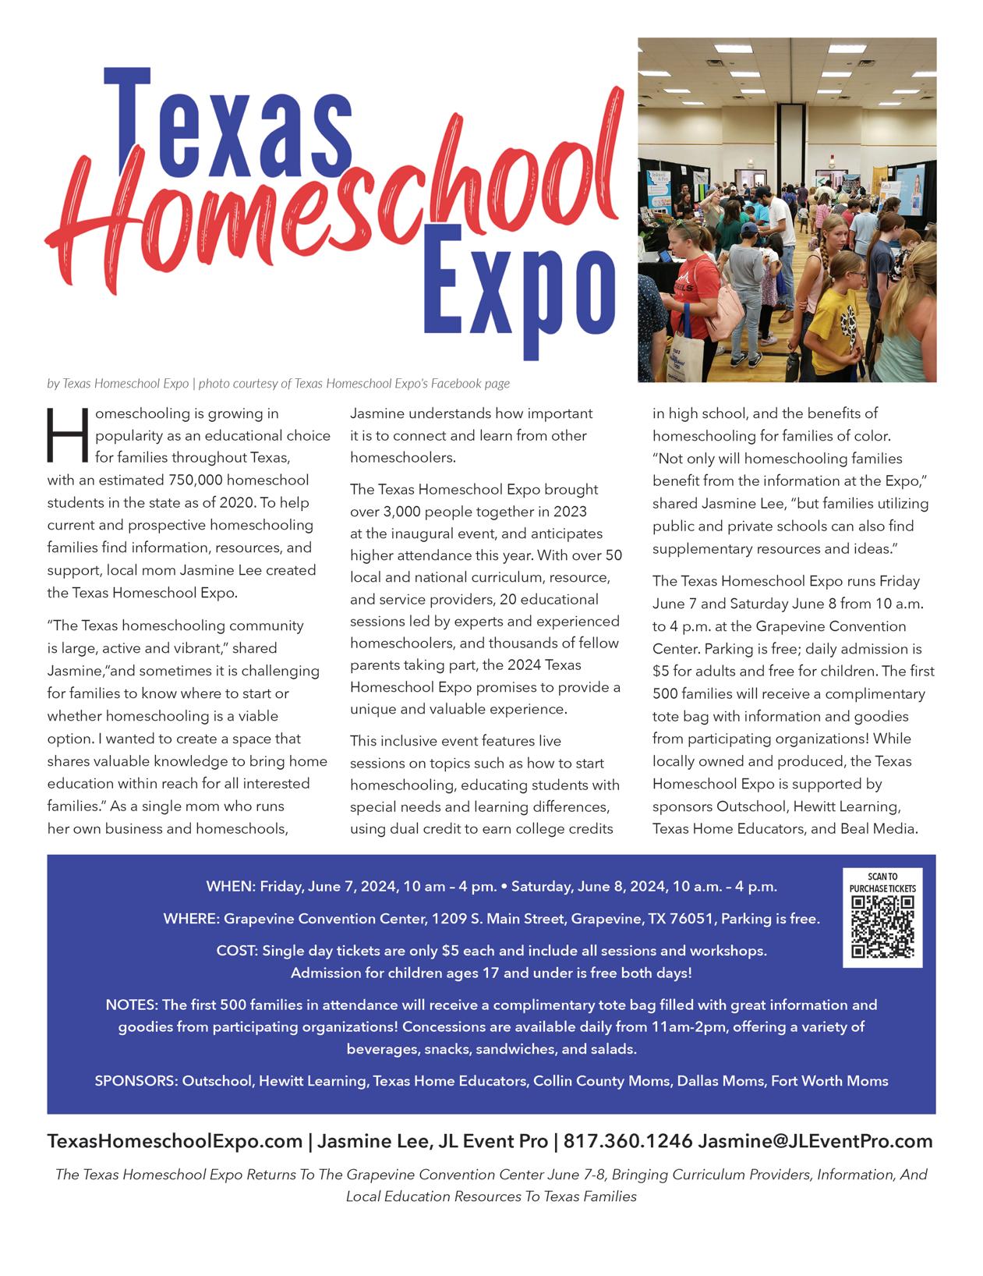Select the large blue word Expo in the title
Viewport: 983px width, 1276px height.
point(518,292)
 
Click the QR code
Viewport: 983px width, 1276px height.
point(882,926)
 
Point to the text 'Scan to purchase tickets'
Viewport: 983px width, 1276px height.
point(882,882)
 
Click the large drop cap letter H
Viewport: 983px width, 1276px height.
point(68,434)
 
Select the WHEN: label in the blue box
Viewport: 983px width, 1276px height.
point(231,886)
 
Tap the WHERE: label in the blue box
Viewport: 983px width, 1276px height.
point(191,919)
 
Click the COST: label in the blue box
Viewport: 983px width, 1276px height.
point(237,951)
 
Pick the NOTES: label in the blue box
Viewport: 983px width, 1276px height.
point(131,1005)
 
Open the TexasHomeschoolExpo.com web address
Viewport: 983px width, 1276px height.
point(175,1141)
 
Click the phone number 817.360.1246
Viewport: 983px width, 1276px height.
point(628,1141)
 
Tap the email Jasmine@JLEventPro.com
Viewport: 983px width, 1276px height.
point(815,1141)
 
